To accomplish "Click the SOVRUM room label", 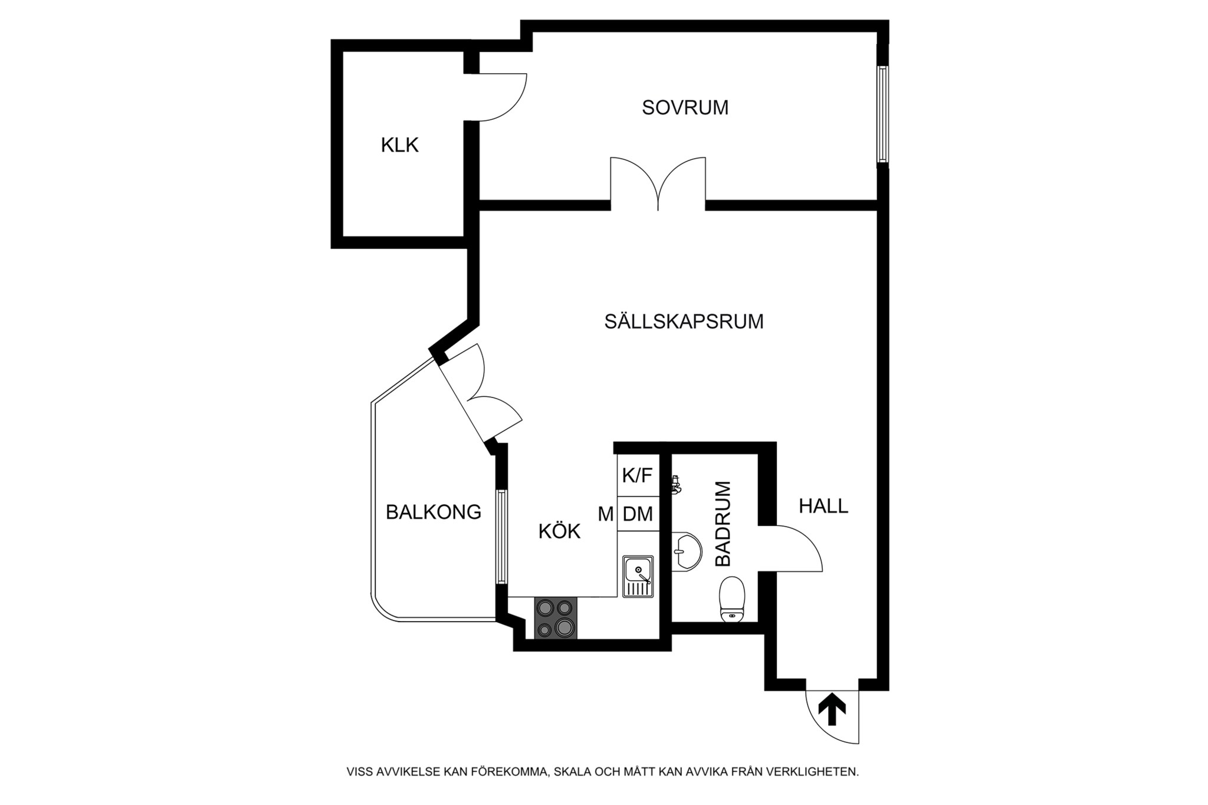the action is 685,107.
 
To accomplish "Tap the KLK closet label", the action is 399,145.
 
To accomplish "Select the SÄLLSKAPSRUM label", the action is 684,321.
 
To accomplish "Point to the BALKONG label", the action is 434,512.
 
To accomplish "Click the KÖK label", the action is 559,531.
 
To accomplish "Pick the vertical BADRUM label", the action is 723,524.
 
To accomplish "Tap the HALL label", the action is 823,506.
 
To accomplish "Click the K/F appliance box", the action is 638,475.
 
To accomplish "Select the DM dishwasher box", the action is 638,514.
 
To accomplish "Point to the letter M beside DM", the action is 606,514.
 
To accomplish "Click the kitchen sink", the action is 638,576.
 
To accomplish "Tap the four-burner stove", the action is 556,618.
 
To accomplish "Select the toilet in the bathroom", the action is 733,599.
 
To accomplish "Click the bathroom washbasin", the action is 686,551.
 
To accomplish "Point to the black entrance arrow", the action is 832,709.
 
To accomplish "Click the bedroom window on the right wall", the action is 882,114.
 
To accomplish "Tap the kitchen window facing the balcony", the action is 501,537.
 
